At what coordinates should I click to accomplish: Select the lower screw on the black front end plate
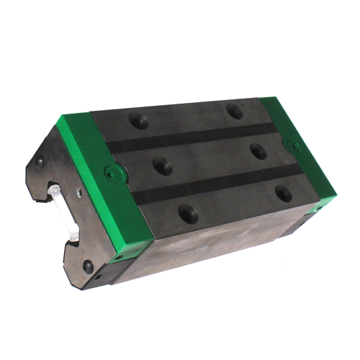click(x=87, y=266)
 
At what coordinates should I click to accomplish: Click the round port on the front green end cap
click(x=109, y=173)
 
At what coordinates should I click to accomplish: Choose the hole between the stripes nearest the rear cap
click(x=256, y=150)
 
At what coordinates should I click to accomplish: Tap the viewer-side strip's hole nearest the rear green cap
click(x=284, y=194)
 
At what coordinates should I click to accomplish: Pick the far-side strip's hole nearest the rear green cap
click(x=232, y=110)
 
